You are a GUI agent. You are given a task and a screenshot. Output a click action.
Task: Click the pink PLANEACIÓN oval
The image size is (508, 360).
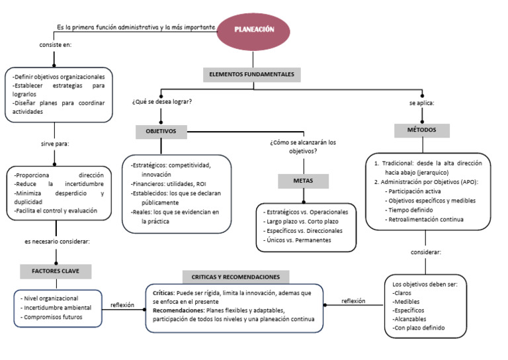coord(254,30)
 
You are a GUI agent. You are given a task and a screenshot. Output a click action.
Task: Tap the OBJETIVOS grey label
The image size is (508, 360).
coord(161,132)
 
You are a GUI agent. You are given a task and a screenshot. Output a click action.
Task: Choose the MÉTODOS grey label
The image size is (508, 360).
coord(421,130)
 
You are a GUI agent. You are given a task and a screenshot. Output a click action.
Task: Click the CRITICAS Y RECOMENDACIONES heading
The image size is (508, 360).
coord(235,277)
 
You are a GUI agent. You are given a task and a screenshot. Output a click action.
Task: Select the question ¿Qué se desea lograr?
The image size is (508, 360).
coord(162,102)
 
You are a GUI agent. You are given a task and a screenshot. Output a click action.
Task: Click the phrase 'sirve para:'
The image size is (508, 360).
coord(55,143)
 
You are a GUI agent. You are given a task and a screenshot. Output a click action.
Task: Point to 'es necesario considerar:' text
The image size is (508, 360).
coord(57,242)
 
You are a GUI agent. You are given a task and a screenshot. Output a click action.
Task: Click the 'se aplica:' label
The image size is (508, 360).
coord(421,103)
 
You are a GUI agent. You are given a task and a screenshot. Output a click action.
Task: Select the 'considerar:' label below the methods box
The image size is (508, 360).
coord(426,252)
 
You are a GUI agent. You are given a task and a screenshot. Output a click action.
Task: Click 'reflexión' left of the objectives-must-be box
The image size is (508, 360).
coord(353,301)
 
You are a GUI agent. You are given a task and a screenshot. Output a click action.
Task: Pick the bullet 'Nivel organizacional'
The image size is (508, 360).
coord(50,298)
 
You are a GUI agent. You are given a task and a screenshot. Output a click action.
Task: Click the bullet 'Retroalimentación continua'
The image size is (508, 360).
coord(426,219)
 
